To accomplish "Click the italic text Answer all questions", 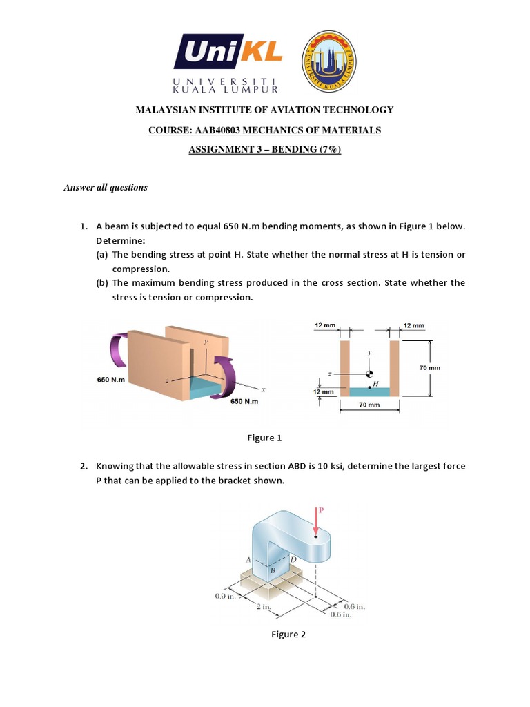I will point(106,187).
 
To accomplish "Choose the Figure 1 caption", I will point(265,438).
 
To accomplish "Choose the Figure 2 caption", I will point(288,635).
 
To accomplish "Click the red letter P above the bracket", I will point(321,511).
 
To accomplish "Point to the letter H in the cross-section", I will point(375,383).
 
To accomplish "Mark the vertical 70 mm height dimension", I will point(429,368).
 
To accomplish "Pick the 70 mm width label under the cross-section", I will point(369,405).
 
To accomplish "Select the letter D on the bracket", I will point(293,559).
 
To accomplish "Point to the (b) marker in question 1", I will point(101,283).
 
